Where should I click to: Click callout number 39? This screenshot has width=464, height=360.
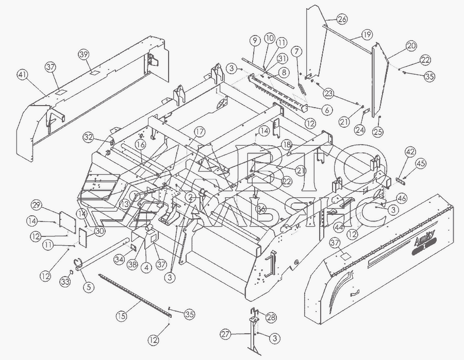point(84,54)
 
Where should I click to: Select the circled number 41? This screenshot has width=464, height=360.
point(22,75)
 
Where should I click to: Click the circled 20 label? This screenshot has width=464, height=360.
point(411,45)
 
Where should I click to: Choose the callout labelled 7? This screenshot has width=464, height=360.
point(296,51)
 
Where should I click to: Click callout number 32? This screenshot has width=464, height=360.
point(88,138)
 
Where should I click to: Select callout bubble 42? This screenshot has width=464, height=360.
point(410,152)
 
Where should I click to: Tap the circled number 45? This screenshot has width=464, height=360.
point(421,164)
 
